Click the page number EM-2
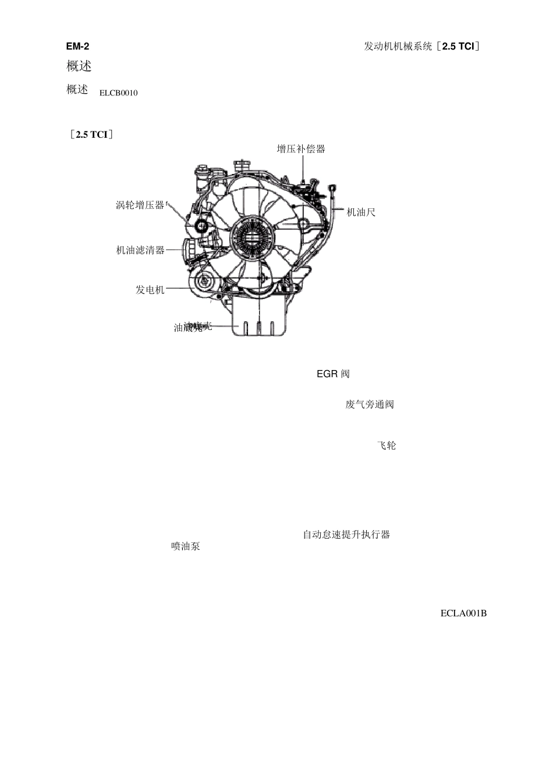(78, 47)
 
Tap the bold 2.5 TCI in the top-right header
(458, 47)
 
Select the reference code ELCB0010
(118, 93)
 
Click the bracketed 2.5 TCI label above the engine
(91, 135)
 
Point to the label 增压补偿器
(301, 149)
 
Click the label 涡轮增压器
(140, 205)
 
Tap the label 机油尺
(361, 212)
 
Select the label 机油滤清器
(140, 250)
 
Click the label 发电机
(150, 290)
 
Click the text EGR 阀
(333, 374)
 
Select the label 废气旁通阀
(370, 404)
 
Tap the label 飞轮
(387, 446)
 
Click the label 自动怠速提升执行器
(346, 534)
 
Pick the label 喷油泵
(186, 546)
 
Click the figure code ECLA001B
(463, 613)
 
